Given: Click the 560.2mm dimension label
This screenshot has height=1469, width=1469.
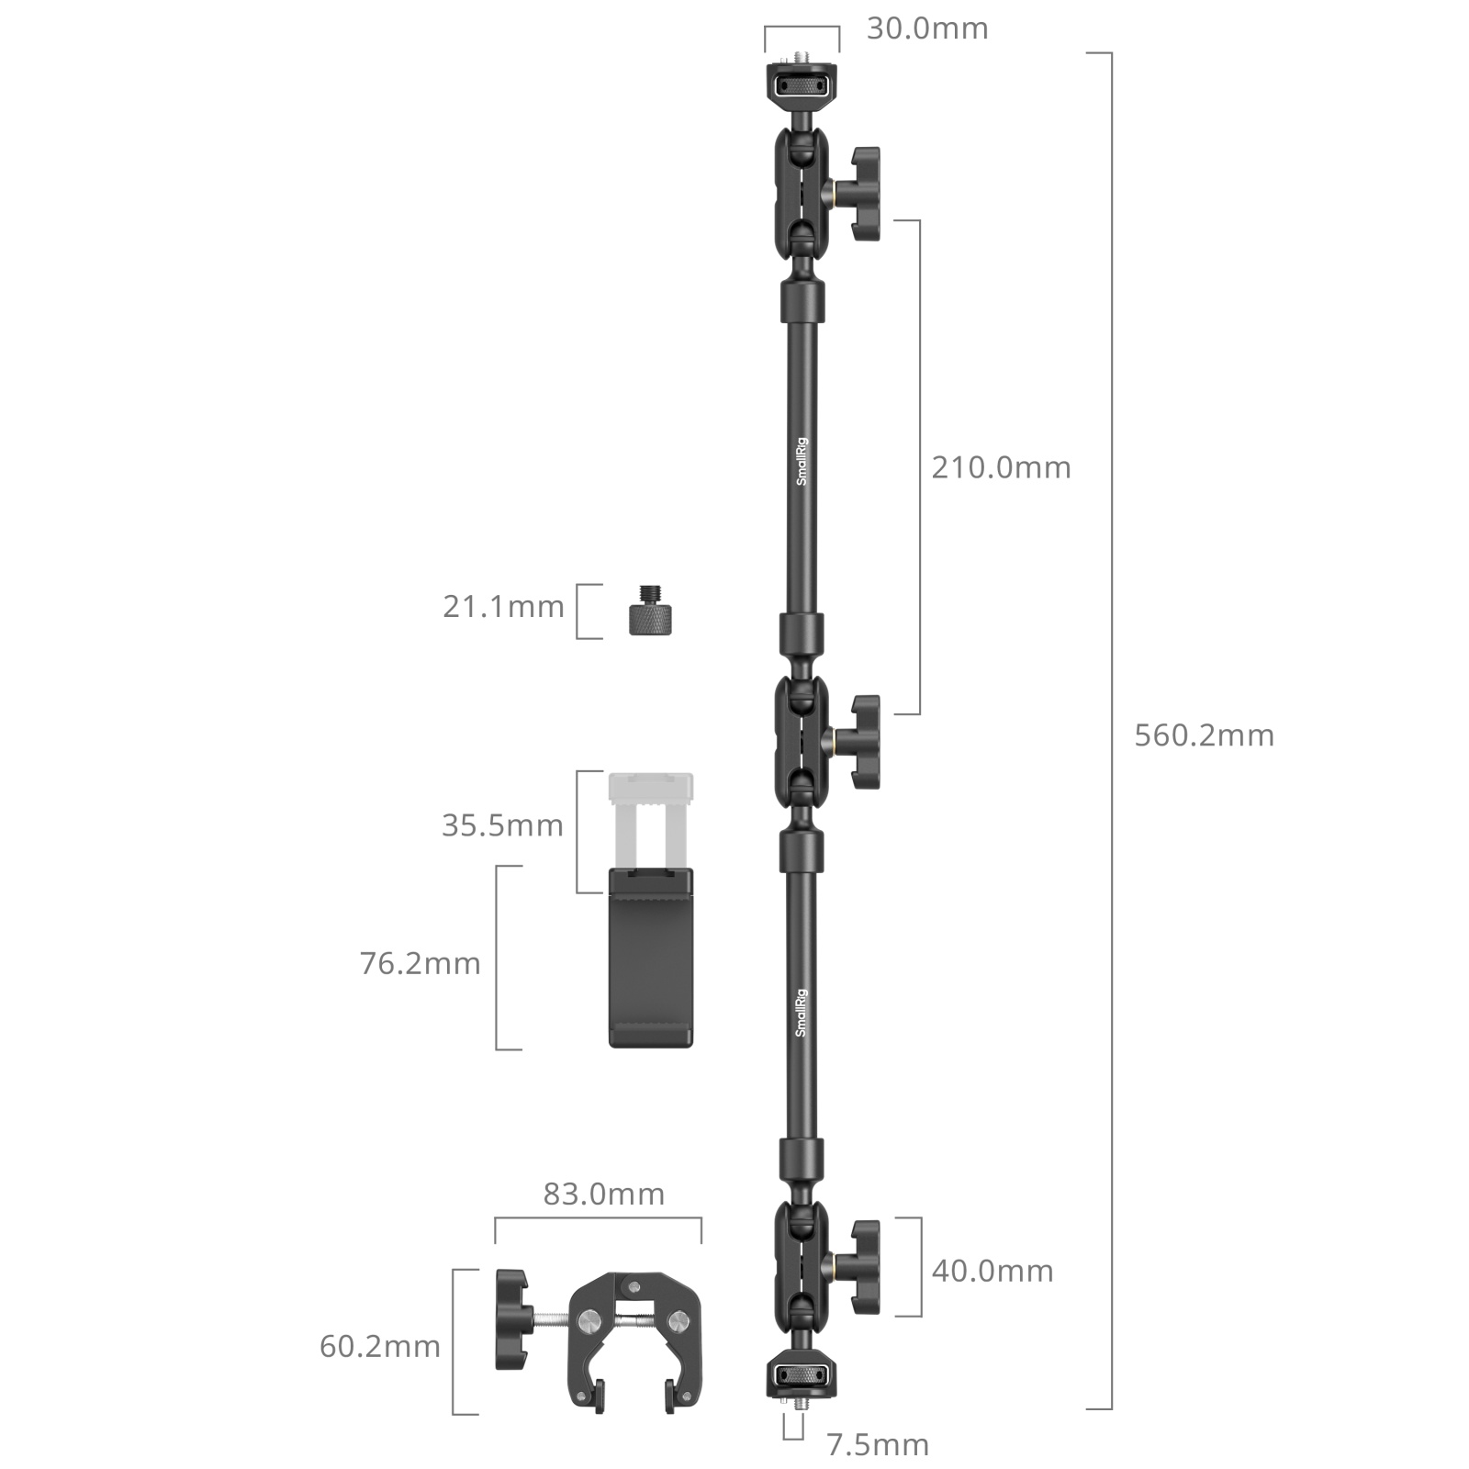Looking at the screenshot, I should (1204, 735).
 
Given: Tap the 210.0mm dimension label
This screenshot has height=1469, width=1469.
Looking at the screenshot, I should (1001, 468).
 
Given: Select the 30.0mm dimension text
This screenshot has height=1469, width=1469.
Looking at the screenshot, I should (927, 28).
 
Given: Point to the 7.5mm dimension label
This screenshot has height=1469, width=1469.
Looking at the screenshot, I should (878, 1445).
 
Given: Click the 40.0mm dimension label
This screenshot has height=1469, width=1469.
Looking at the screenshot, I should (992, 1272).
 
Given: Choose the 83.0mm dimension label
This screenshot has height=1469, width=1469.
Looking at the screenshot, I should (603, 1194).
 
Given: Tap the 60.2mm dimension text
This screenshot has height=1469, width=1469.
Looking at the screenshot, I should (380, 1347).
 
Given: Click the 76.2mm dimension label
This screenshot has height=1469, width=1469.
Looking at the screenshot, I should (420, 964).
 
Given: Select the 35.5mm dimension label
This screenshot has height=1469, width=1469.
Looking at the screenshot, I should (502, 825).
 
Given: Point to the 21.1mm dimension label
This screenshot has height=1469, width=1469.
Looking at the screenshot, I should (503, 607).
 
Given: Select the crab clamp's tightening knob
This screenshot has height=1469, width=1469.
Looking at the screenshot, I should (512, 1320).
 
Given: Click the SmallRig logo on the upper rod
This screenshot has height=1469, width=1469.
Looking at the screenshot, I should (802, 462).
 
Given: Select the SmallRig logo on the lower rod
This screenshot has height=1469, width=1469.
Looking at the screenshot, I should (801, 1013).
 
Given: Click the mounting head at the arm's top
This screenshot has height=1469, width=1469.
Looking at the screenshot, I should (802, 86).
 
